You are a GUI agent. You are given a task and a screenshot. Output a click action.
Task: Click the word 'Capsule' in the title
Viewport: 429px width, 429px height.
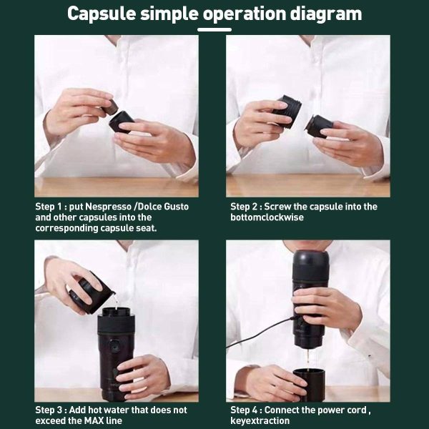[102, 14]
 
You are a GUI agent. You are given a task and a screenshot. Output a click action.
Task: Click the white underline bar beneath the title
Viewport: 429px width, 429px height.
[214, 29]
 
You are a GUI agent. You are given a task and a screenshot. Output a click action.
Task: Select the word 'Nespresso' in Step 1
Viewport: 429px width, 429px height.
[109, 207]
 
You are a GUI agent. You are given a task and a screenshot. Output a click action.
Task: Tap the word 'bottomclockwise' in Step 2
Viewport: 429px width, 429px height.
[267, 217]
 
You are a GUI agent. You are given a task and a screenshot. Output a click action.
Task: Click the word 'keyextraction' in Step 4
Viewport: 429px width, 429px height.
[260, 420]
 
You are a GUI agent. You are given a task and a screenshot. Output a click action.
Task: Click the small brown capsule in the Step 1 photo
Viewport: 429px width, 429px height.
[110, 107]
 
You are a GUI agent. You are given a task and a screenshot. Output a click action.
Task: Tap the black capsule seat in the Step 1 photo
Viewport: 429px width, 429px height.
[122, 122]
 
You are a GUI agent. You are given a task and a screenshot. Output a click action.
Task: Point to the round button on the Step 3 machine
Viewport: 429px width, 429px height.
[114, 344]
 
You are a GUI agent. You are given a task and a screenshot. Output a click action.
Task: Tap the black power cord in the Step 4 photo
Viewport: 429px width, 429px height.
[260, 333]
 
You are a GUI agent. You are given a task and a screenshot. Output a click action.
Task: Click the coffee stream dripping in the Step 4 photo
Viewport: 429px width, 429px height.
[307, 359]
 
